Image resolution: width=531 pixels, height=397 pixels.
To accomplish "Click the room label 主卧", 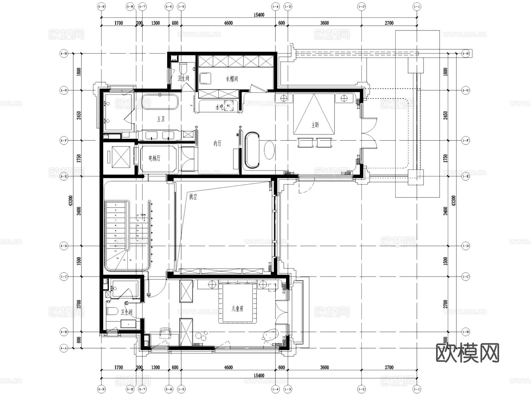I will pyautogui.click(x=315, y=125).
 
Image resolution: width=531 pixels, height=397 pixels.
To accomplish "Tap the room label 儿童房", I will pyautogui.click(x=237, y=309).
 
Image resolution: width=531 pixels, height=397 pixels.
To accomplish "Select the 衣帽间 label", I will pyautogui.click(x=232, y=79).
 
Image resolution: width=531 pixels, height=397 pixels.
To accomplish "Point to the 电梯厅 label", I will pyautogui.click(x=154, y=158).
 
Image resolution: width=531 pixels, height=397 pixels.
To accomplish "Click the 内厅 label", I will pyautogui.click(x=217, y=144).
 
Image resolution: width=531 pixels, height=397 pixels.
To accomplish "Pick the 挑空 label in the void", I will pyautogui.click(x=193, y=197).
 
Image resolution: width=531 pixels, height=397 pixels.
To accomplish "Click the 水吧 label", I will pyautogui.click(x=219, y=107).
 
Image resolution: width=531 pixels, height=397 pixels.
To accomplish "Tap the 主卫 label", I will pyautogui.click(x=161, y=119).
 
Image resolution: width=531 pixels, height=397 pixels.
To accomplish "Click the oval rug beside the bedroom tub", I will pyautogui.click(x=269, y=150).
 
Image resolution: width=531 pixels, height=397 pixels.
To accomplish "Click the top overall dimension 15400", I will pyautogui.click(x=259, y=15).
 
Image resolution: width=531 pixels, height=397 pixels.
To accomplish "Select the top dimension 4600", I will pyautogui.click(x=228, y=23).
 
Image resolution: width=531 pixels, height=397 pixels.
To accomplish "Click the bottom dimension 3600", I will pyautogui.click(x=324, y=367).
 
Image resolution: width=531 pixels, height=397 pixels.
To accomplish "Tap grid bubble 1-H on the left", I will pyautogui.click(x=64, y=54).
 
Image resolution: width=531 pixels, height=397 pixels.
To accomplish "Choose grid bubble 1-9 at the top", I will pyautogui.click(x=101, y=6).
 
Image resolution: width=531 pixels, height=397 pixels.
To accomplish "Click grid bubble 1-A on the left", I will pyautogui.click(x=64, y=348).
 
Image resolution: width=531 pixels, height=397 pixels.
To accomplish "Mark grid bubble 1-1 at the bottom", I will pyautogui.click(x=417, y=389).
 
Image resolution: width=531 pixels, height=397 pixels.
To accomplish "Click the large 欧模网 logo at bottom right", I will pyautogui.click(x=467, y=353).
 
